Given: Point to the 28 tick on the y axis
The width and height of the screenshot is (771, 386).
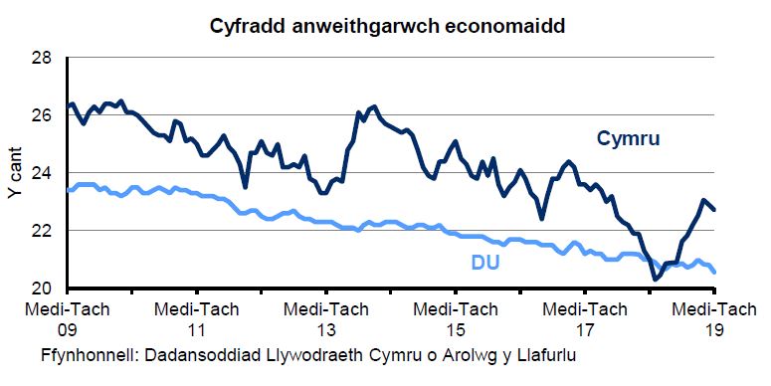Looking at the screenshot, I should pyautogui.click(x=41, y=58).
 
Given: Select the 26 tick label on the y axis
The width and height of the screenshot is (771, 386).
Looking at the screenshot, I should pyautogui.click(x=41, y=115).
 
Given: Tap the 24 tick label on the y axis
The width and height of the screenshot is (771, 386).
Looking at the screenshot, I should pyautogui.click(x=41, y=173).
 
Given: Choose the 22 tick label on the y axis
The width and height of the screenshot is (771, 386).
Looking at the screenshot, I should pyautogui.click(x=41, y=231).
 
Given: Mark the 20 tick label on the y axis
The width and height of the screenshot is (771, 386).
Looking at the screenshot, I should pyautogui.click(x=41, y=289).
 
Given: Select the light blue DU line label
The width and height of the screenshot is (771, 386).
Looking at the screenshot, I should pyautogui.click(x=484, y=264).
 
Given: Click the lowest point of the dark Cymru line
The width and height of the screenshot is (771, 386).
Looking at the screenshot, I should pyautogui.click(x=656, y=280).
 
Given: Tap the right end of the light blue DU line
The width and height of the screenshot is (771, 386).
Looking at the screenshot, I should pyautogui.click(x=715, y=271).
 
